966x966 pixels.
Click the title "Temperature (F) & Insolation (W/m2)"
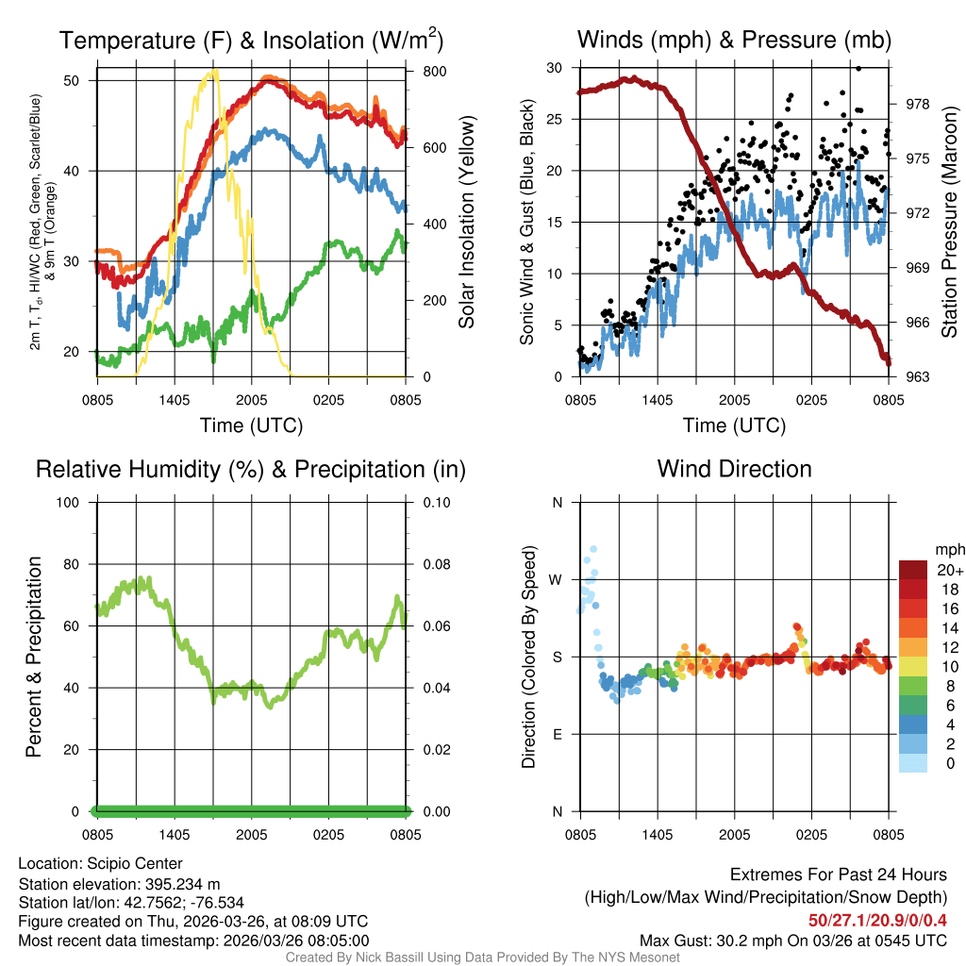click(x=251, y=40)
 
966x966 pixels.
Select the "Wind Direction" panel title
click(x=734, y=469)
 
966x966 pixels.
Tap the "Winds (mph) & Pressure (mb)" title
click(x=734, y=41)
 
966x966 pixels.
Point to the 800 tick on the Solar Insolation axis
click(x=427, y=72)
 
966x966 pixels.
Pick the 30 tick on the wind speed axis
click(x=555, y=68)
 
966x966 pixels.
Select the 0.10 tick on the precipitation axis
click(x=435, y=502)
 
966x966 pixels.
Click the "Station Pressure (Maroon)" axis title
click(x=949, y=222)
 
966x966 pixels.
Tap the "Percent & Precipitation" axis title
click(x=33, y=657)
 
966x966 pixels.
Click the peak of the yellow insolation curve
click(x=215, y=71)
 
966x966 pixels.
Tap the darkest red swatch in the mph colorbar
click(x=914, y=570)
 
